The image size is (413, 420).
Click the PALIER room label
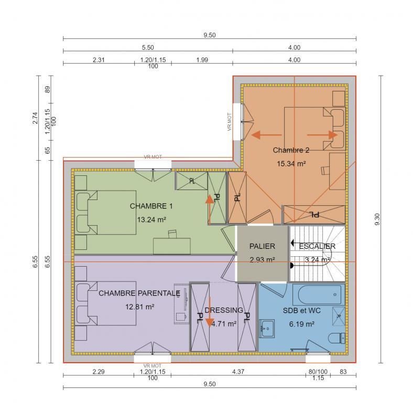[262, 246]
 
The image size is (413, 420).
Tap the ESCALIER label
[317, 246]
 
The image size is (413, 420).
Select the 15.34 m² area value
[291, 163]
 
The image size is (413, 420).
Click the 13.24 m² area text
[152, 219]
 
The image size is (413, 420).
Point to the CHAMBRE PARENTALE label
[139, 293]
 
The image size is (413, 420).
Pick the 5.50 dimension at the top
[148, 47]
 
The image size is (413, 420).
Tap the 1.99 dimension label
[202, 60]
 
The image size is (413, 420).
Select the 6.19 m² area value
[301, 324]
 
